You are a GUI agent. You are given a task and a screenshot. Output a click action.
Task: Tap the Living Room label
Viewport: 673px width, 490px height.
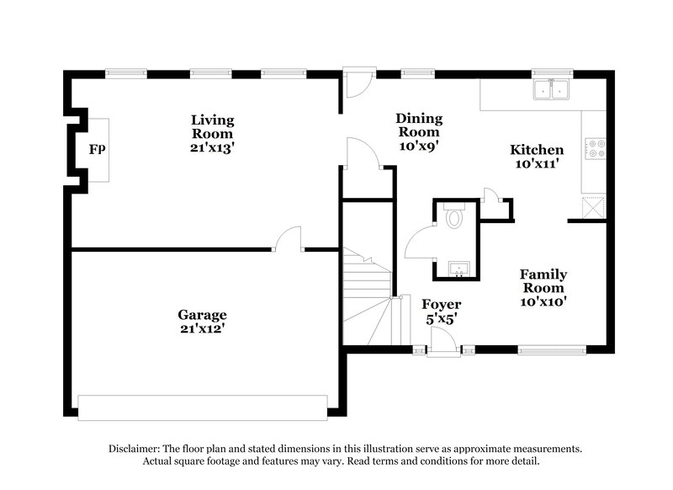click(x=211, y=126)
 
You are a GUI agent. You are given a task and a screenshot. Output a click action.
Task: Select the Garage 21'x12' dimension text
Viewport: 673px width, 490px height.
click(x=202, y=329)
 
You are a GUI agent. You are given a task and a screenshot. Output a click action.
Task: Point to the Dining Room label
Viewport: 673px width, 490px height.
click(x=419, y=125)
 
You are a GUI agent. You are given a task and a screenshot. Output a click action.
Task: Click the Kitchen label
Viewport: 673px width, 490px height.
click(x=537, y=150)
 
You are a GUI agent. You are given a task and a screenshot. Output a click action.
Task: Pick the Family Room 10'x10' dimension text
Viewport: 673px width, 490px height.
click(x=543, y=301)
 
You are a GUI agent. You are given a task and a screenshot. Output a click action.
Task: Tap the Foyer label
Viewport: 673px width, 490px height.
click(x=441, y=304)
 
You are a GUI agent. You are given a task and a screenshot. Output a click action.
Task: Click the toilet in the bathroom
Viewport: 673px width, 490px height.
click(x=454, y=217)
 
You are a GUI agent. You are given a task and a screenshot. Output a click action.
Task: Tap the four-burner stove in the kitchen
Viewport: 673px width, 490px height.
click(x=596, y=149)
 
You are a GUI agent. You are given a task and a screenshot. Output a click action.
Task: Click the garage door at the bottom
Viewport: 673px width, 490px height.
click(x=202, y=407)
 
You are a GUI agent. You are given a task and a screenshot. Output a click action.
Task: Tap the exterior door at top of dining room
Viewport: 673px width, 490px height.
click(x=357, y=83)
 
